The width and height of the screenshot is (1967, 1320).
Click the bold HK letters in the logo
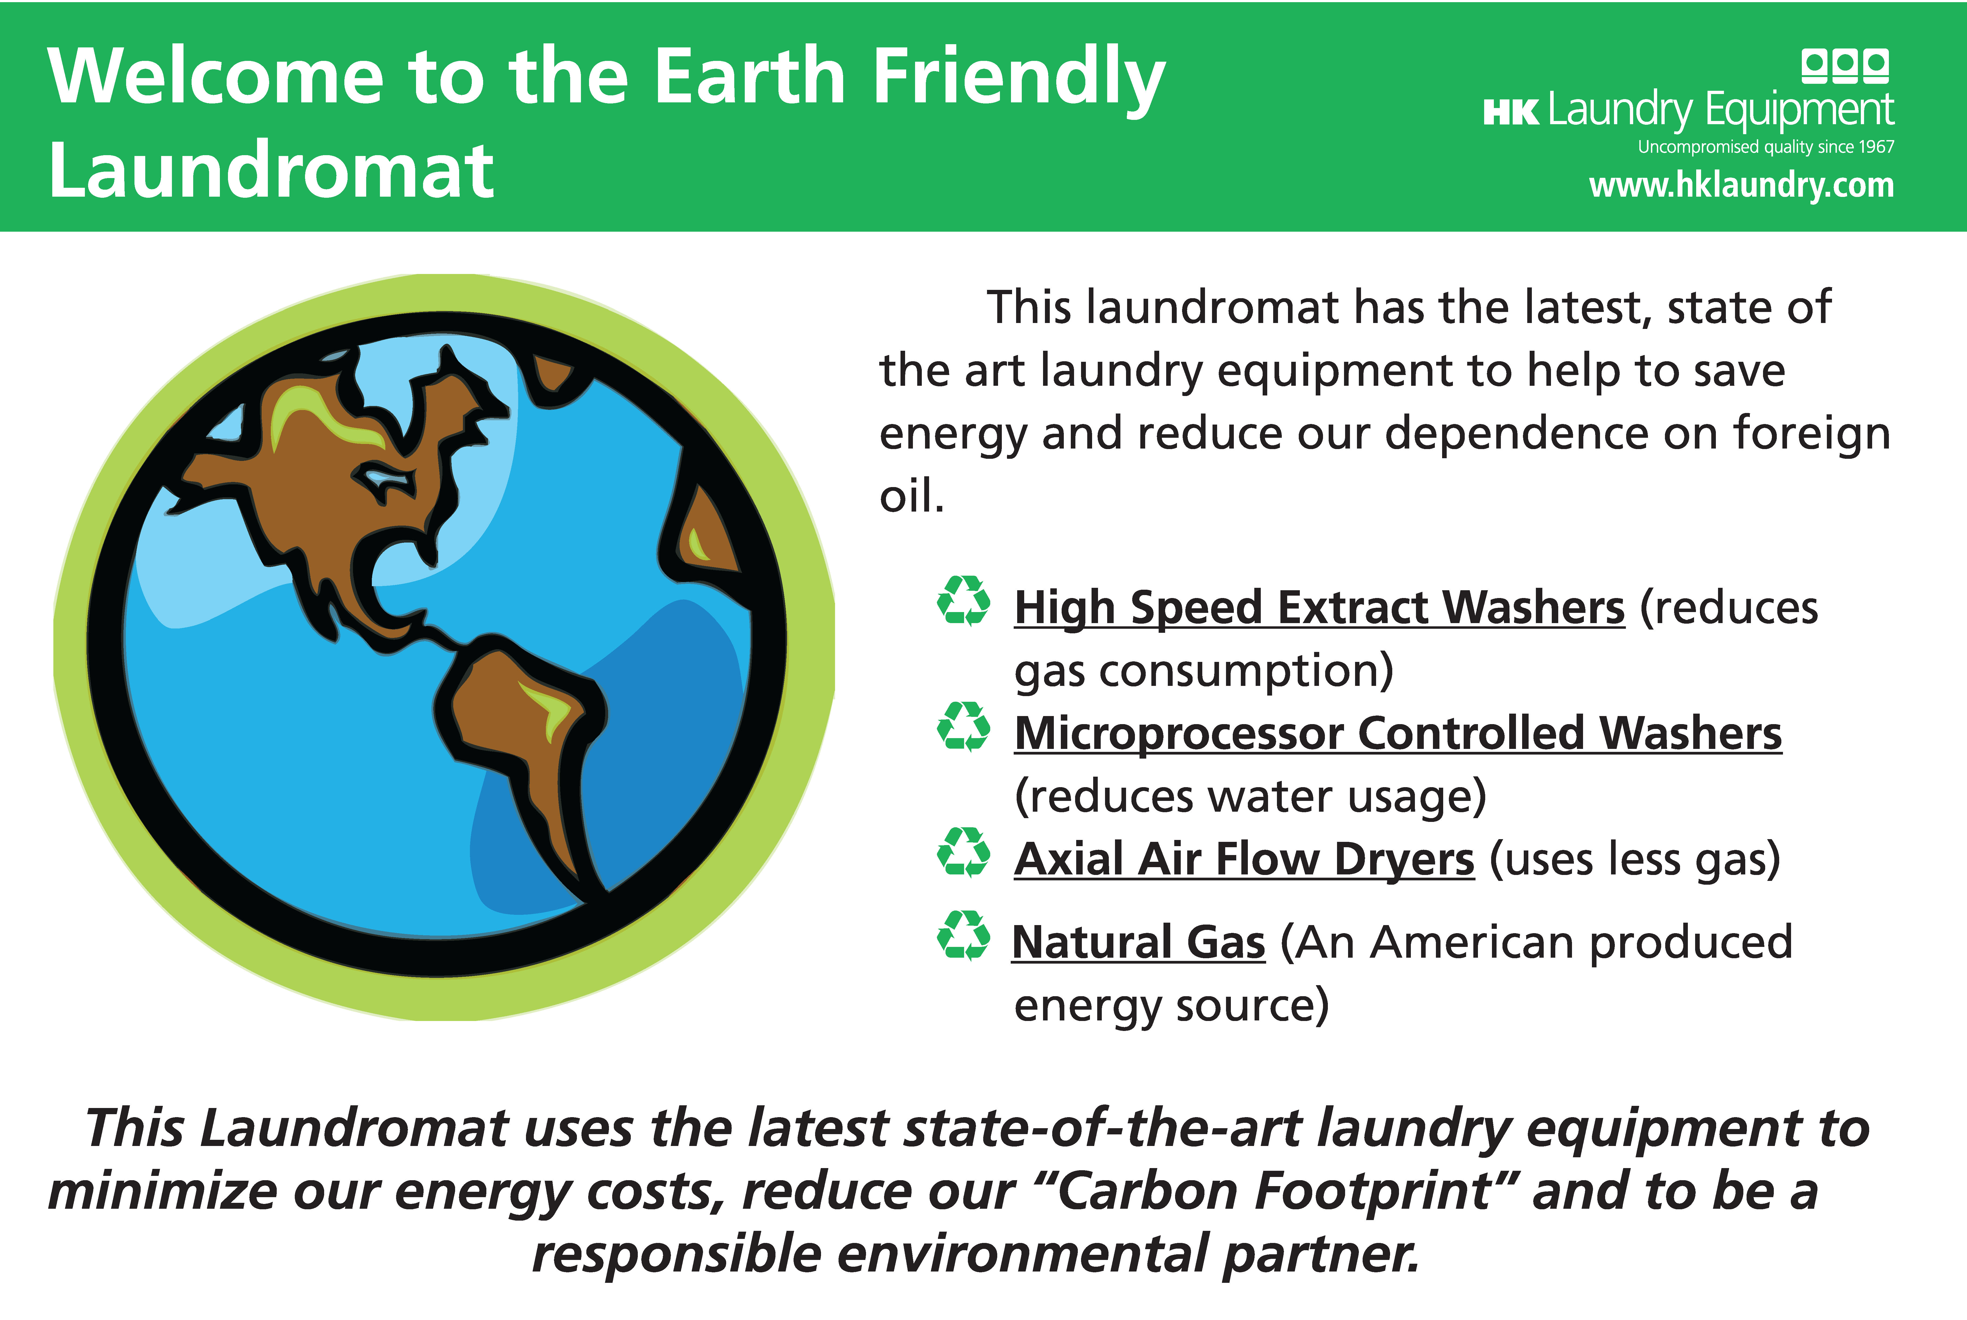click(1511, 112)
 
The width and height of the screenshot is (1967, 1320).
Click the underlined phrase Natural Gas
click(1138, 942)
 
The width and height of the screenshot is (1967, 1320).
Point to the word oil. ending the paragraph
click(912, 495)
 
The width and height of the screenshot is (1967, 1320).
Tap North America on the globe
click(337, 488)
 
